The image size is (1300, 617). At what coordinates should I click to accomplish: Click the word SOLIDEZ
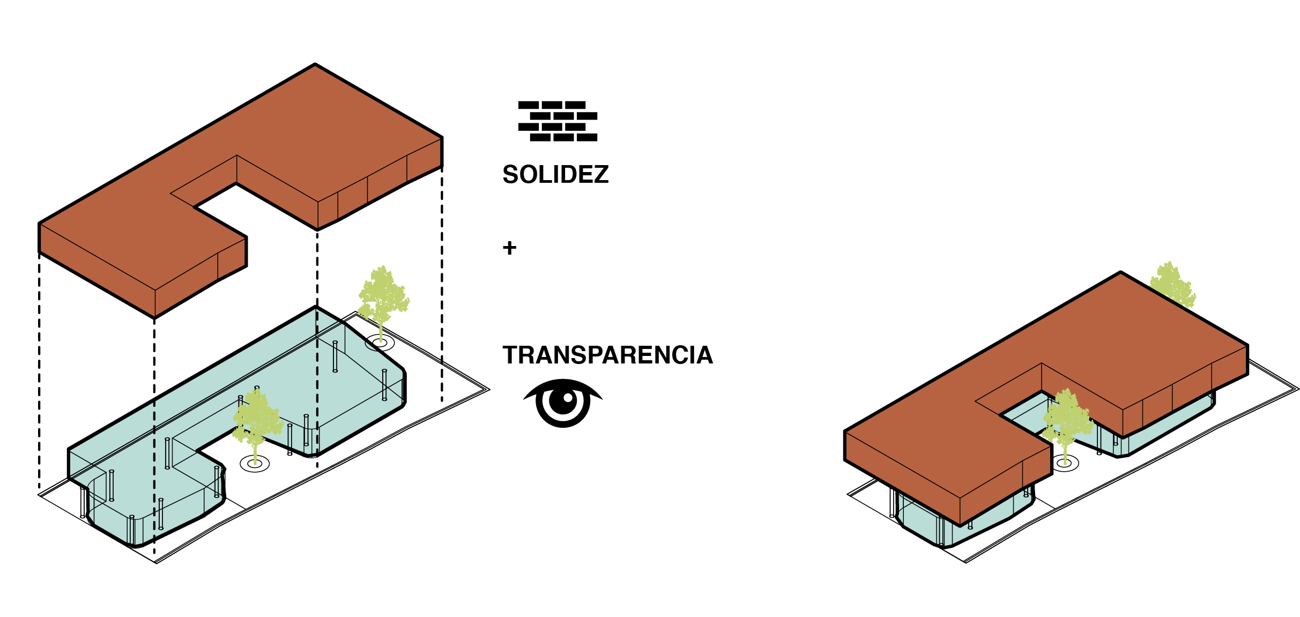pos(555,175)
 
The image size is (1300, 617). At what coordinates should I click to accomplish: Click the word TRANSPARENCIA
pos(607,355)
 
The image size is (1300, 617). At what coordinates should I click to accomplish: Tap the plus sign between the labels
pos(509,248)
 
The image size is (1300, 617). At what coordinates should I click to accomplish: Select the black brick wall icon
pos(558,121)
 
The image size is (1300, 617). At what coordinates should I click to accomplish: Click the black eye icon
pos(563,402)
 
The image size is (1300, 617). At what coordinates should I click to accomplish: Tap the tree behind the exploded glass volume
pos(383,295)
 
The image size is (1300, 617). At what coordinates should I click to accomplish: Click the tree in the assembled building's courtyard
pos(1067,418)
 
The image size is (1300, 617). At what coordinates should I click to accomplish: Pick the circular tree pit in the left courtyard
pos(255,464)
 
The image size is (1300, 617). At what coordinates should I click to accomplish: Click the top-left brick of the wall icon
pos(529,105)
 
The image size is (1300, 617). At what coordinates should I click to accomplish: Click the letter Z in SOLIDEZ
pos(601,175)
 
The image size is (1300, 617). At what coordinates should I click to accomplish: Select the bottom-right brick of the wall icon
pos(587,137)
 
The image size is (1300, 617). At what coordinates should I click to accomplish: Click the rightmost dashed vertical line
pos(442,284)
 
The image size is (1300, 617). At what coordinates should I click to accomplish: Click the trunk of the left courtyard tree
pos(255,453)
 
